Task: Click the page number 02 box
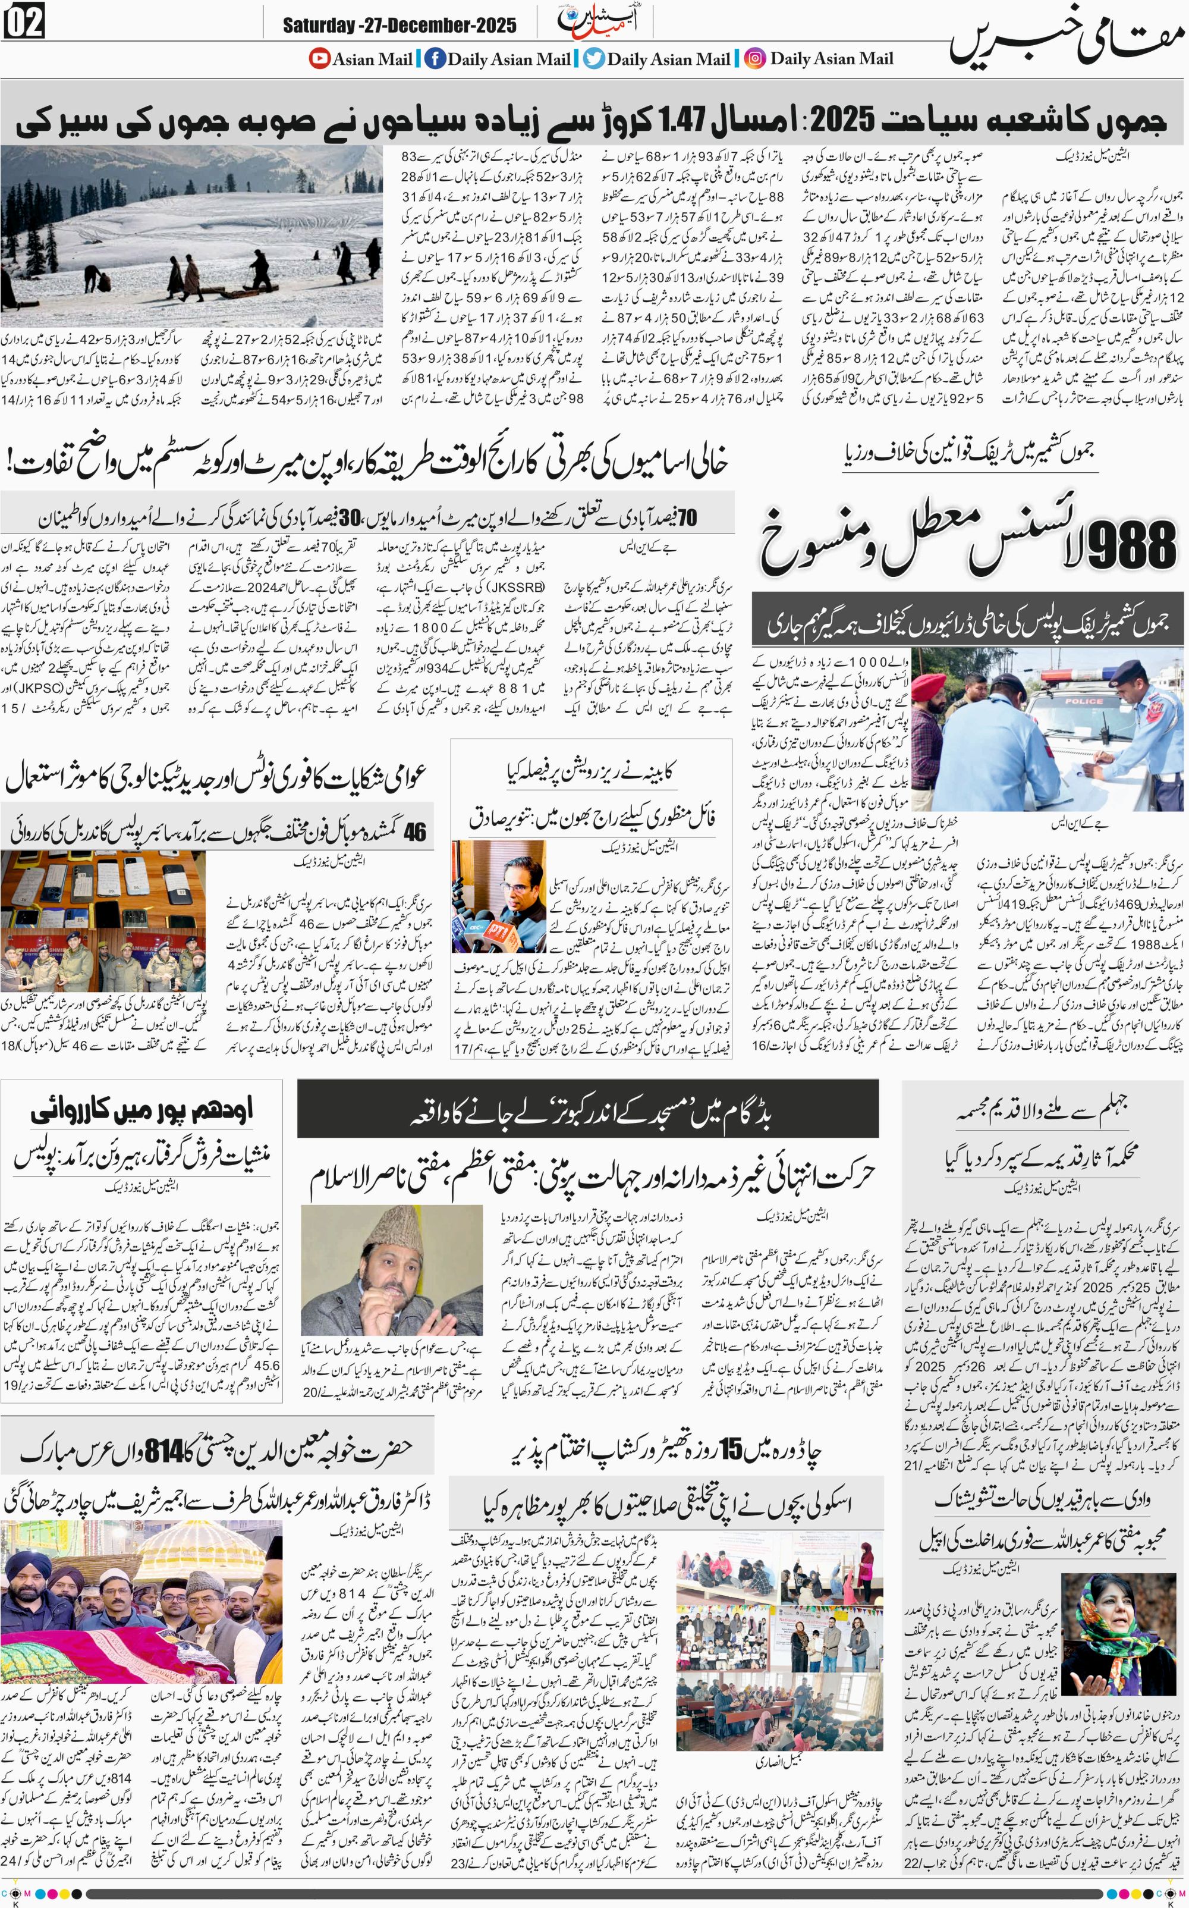pyautogui.click(x=24, y=21)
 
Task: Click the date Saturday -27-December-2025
pyautogui.click(x=400, y=26)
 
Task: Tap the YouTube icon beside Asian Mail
pyautogui.click(x=319, y=58)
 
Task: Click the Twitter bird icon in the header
pyautogui.click(x=594, y=58)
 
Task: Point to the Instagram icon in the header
pyautogui.click(x=755, y=58)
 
